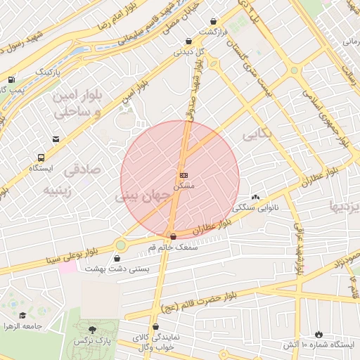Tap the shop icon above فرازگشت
tap(188, 41)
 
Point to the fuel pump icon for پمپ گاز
tap(11, 79)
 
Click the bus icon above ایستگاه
tap(41, 158)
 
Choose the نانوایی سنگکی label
tap(254, 207)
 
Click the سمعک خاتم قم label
tap(174, 247)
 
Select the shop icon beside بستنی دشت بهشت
tap(117, 258)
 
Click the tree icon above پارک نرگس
tap(92, 329)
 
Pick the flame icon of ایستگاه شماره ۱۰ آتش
tap(319, 334)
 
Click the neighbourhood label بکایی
tap(255, 133)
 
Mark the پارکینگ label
tap(48, 72)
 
